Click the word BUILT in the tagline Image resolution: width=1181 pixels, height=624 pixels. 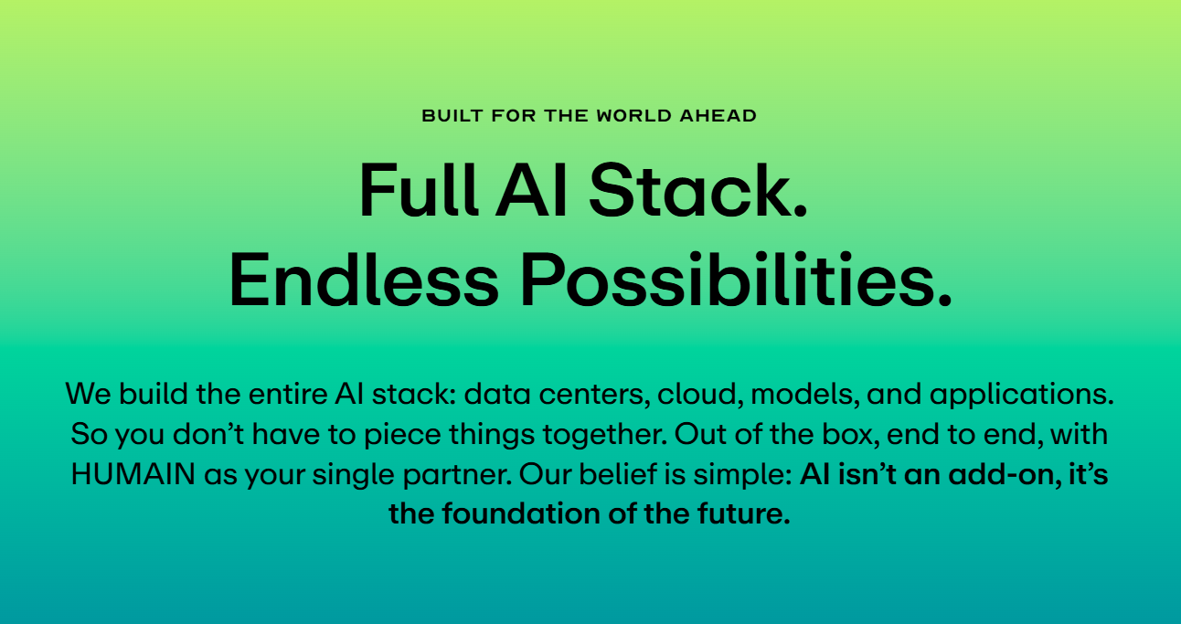point(452,115)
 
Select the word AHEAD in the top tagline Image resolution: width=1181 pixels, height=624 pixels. point(718,115)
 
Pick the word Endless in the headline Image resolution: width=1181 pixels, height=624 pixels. point(364,280)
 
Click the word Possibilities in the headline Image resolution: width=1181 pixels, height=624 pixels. point(736,280)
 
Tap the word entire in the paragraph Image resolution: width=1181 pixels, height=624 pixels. point(288,394)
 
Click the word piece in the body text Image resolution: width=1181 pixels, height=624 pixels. point(402,435)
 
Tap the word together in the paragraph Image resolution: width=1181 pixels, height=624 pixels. point(605,435)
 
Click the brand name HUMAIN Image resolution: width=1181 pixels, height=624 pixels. point(133,474)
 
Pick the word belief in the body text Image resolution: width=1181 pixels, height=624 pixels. point(618,474)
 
